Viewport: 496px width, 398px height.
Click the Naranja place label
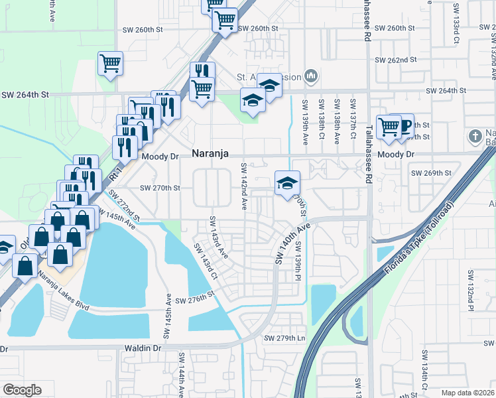tap(210, 153)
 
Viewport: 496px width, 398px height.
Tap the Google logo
tap(22, 390)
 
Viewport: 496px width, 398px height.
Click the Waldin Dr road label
tap(142, 348)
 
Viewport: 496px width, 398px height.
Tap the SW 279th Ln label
tap(284, 338)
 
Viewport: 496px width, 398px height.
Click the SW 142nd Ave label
tap(244, 187)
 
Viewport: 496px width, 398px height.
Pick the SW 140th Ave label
tap(292, 242)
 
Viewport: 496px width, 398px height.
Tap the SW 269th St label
tap(431, 172)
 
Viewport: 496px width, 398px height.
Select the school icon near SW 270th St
tap(287, 184)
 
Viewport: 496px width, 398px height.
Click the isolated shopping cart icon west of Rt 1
tap(110, 64)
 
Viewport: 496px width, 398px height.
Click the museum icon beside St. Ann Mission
tap(310, 77)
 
